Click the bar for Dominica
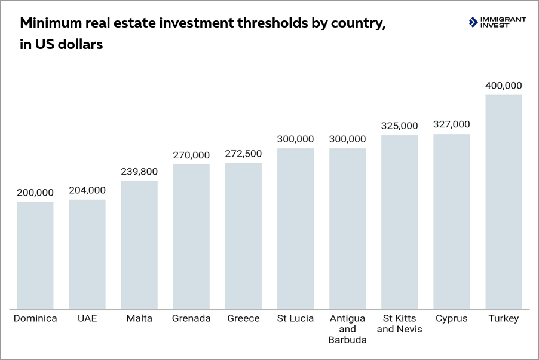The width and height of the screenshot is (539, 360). [35, 255]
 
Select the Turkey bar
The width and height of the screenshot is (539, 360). [503, 202]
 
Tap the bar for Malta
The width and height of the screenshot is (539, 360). [139, 244]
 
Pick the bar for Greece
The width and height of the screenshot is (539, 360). [243, 236]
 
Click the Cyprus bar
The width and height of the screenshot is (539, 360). [451, 221]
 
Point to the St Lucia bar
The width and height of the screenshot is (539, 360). [295, 228]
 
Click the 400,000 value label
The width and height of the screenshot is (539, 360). [503, 86]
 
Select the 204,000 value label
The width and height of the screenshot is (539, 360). [87, 190]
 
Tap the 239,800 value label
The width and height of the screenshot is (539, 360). [139, 171]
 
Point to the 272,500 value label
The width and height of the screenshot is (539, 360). [243, 154]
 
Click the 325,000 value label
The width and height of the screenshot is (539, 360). [399, 126]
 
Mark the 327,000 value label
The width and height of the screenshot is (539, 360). [451, 124]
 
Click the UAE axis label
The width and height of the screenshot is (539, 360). [87, 318]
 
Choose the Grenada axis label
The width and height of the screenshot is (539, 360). [191, 318]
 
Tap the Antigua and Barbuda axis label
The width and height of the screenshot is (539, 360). [347, 329]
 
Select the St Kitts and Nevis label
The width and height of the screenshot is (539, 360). [399, 324]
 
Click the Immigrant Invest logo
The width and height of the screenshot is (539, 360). [497, 23]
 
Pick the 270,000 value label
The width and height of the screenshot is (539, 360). [191, 155]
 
